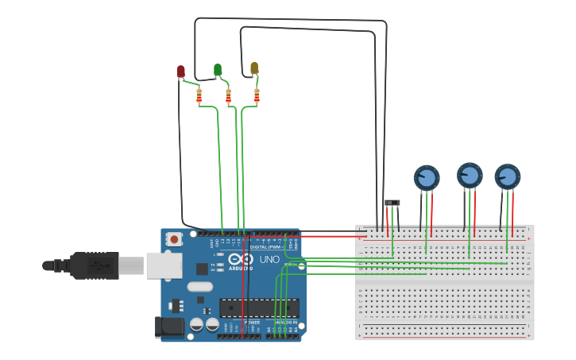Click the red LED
(180, 72)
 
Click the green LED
(218, 70)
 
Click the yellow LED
(254, 68)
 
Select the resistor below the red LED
(199, 96)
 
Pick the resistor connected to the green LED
(228, 96)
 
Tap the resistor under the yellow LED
(257, 96)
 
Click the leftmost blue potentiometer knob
(427, 178)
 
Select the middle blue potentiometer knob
(470, 175)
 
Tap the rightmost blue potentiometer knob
(507, 176)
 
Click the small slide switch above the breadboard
(392, 203)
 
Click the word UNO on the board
(270, 259)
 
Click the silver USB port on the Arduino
(164, 265)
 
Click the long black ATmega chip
(259, 307)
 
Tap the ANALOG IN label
(285, 322)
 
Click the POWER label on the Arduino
(252, 322)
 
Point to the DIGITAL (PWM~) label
(265, 247)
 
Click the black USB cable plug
(94, 265)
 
